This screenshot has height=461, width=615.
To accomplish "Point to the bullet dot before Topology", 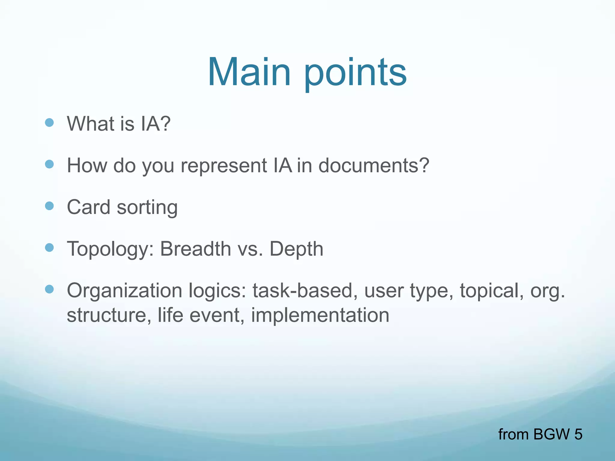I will [49, 248].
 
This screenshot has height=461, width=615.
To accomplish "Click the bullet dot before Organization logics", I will [49, 289].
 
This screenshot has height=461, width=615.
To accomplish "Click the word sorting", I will [147, 208].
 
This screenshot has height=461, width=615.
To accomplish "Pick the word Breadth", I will [195, 249].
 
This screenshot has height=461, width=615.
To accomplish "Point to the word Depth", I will [296, 249].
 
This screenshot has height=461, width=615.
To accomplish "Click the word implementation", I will [320, 315].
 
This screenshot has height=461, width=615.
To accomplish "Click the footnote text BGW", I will [551, 434].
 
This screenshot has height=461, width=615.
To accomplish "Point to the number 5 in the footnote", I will [578, 434].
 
